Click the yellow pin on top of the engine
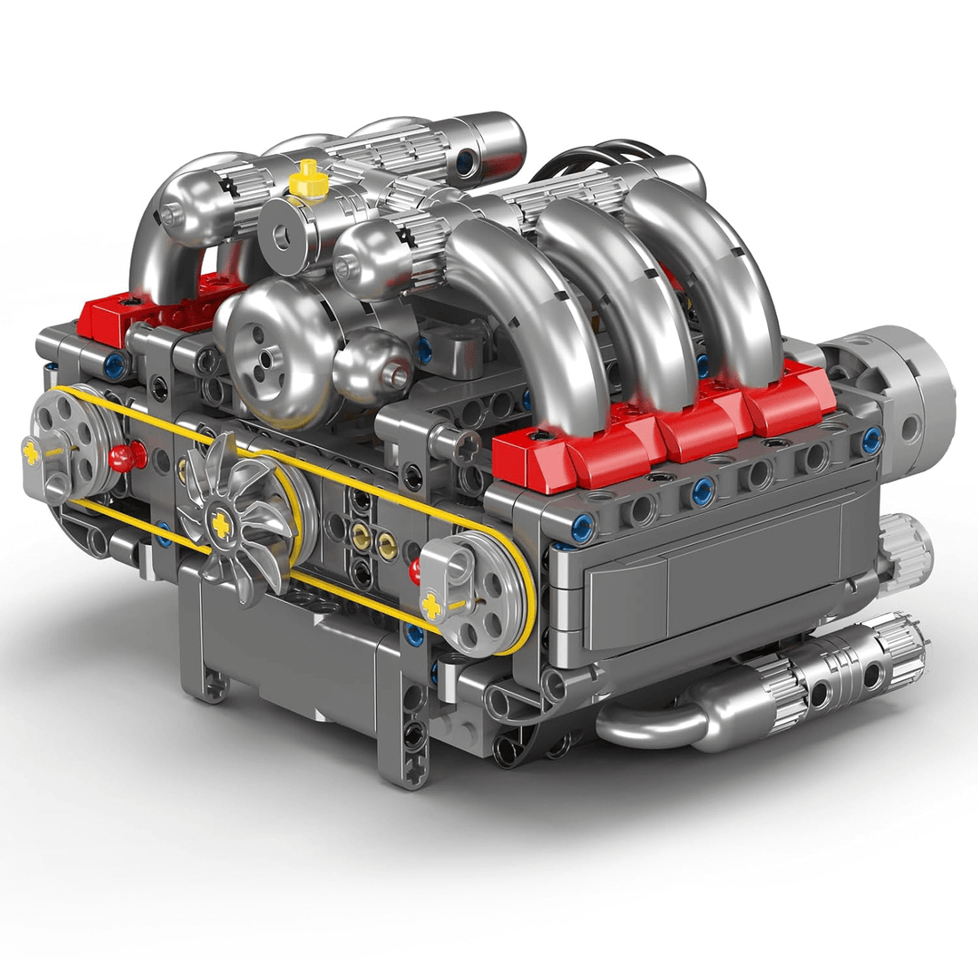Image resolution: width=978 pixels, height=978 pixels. [309, 178]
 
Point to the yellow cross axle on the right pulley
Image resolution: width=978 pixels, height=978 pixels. [433, 606]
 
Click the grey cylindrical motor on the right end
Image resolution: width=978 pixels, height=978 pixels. [898, 391]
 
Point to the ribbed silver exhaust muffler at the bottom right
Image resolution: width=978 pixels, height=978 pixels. [845, 676]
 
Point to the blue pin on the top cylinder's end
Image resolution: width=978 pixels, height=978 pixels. [466, 162]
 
